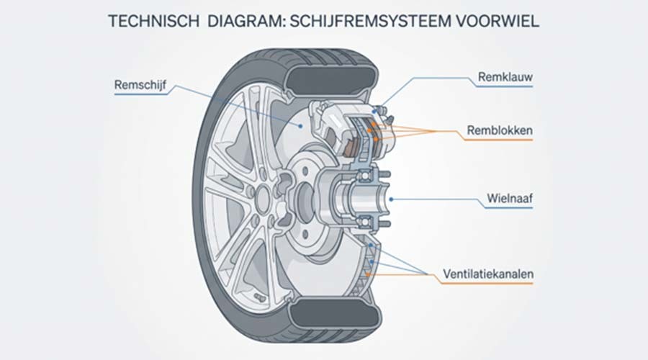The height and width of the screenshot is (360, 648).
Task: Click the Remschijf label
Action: [x=140, y=85]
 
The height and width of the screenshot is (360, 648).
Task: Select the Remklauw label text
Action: [x=505, y=77]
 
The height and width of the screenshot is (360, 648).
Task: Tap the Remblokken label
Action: [x=500, y=130]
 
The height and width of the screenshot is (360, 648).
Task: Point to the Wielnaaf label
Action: [x=510, y=198]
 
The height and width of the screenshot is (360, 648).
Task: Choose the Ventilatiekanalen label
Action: [x=488, y=274]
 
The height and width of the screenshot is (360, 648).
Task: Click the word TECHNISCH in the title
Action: [x=154, y=21]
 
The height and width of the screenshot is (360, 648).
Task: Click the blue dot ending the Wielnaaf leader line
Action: [x=391, y=199]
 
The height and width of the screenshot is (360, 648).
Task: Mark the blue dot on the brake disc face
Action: [x=301, y=126]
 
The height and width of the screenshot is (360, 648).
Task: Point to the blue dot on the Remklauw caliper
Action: [x=374, y=112]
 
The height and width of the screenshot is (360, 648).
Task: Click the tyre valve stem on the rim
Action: [x=258, y=297]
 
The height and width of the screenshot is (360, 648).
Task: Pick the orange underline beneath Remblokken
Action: [x=498, y=140]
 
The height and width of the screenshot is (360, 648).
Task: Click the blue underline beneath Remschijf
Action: [x=141, y=94]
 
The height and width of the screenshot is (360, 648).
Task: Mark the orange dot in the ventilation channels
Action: [x=368, y=274]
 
